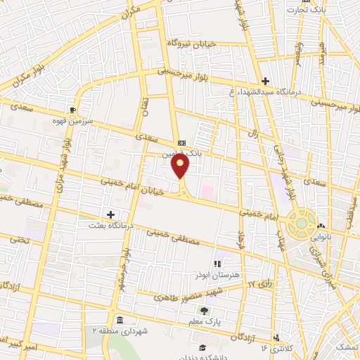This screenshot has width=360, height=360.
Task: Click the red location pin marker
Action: tap(181, 166)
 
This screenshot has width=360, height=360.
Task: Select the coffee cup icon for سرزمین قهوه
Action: tap(72, 110)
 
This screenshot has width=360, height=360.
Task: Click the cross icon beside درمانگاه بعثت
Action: tap(110, 214)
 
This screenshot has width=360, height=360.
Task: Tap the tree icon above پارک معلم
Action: tap(204, 311)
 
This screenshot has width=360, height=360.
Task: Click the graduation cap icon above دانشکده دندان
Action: tap(202, 347)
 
